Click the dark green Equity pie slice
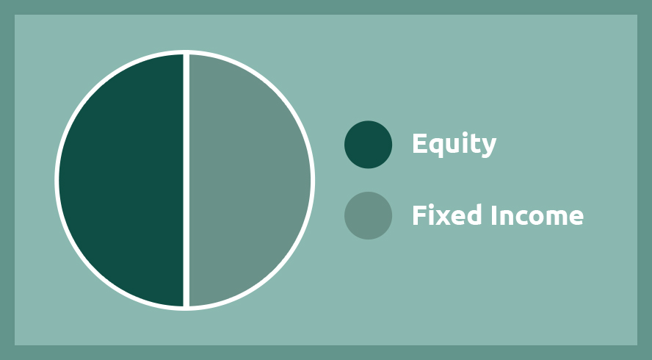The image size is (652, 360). [120, 180]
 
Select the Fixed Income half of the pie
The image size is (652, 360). [250, 180]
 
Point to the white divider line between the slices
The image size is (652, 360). [186, 180]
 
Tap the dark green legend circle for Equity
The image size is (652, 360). [368, 145]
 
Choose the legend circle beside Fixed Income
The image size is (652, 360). [368, 215]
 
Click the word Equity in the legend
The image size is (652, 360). [454, 145]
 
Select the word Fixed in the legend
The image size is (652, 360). [447, 215]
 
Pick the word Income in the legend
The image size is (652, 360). [537, 215]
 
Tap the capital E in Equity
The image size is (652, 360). [420, 143]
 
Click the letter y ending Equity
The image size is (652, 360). [489, 148]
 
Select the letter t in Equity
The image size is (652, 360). [474, 145]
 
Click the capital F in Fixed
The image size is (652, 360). [419, 215]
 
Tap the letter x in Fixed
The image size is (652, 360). [443, 217]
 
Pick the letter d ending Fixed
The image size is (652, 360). [475, 215]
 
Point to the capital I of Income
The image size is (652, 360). [494, 215]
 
